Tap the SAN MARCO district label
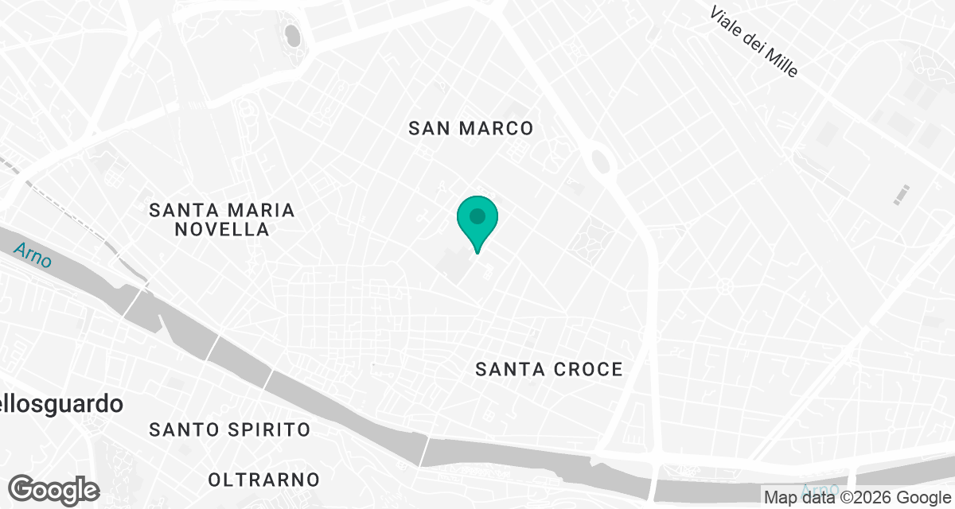[470, 128]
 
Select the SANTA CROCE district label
[548, 369]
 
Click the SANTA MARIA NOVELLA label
[222, 220]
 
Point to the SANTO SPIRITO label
[229, 429]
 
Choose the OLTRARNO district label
[263, 480]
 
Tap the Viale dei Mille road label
[754, 42]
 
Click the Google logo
[53, 489]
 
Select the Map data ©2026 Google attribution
[856, 498]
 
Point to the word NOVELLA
[222, 229]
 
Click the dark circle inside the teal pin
[477, 216]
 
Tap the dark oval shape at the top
[292, 35]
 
